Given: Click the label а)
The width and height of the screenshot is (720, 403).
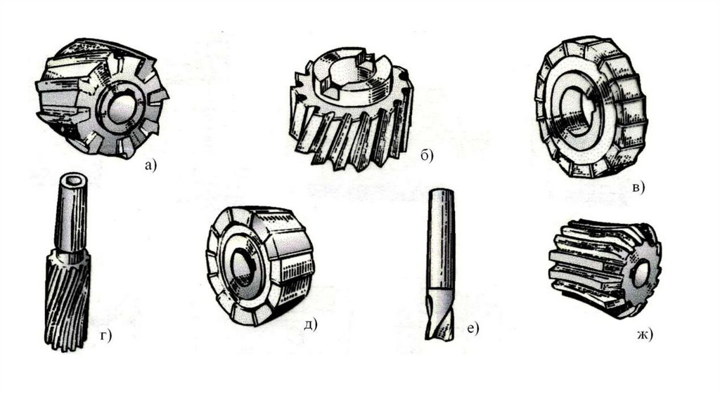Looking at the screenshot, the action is [x=150, y=165].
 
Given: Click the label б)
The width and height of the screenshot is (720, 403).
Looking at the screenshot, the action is [x=427, y=156].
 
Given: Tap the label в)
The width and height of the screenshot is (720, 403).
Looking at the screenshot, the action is [x=638, y=187].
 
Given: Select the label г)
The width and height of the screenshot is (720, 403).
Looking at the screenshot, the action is [x=106, y=336].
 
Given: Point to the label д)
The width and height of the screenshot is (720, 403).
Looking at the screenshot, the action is [x=311, y=324].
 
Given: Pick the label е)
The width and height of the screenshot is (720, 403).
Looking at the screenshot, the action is [x=472, y=329].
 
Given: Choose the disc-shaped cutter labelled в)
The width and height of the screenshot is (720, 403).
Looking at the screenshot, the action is [x=591, y=107].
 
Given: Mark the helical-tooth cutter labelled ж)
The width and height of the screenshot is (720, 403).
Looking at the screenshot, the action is [x=605, y=269].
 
